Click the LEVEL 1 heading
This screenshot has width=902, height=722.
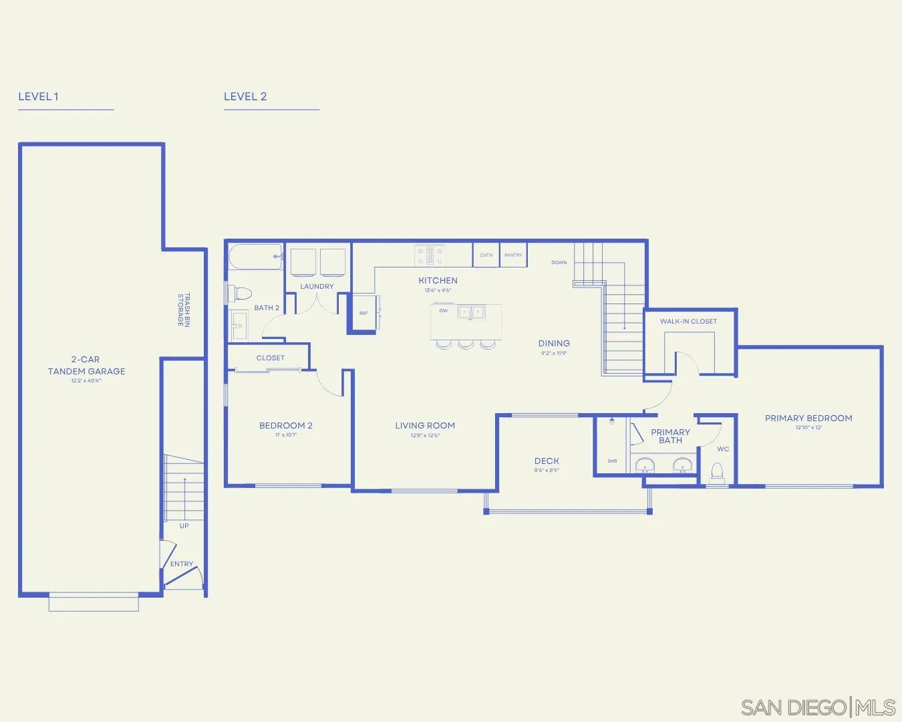click(38, 96)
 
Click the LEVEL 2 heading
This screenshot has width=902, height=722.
click(245, 96)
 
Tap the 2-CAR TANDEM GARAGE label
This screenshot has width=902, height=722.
click(86, 365)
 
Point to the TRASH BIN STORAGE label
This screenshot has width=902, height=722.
click(184, 310)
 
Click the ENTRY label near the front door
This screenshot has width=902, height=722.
click(181, 564)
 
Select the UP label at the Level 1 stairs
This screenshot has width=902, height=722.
click(184, 525)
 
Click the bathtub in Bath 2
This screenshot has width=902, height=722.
click(255, 257)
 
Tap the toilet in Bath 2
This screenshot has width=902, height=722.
click(240, 293)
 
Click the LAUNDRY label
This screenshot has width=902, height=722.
click(317, 286)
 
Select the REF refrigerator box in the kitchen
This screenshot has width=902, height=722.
click(363, 313)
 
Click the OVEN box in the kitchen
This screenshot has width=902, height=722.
click(486, 255)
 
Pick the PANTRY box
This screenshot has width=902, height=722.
click(513, 255)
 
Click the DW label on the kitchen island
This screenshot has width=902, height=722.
click(443, 311)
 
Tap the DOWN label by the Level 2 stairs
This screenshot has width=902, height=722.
click(559, 262)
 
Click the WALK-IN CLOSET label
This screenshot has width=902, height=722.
click(688, 321)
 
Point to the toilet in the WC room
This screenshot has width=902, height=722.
click(718, 473)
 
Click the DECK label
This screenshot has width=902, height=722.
click(547, 461)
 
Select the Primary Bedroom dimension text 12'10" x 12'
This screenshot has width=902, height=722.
click(808, 428)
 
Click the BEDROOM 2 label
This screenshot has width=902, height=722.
click(286, 425)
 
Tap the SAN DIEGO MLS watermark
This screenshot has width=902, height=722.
click(818, 707)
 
